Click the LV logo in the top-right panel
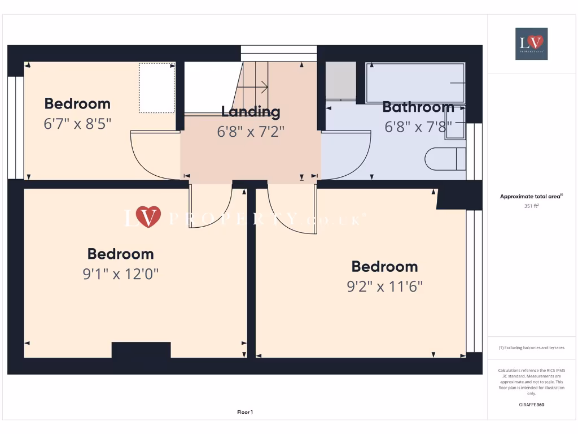coord(531,44)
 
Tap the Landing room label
coord(251,111)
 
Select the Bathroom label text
coord(418,107)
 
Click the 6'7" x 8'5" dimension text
coord(77,123)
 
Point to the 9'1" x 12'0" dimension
coord(120,274)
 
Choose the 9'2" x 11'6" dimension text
coord(384,287)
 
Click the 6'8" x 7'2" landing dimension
coord(251,131)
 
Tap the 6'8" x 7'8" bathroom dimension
coord(418,127)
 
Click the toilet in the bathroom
coord(445,159)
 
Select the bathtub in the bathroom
coord(415,83)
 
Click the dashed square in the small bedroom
coord(156,88)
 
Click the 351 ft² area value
coord(531,206)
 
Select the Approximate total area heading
coord(531,196)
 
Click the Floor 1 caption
coord(245,413)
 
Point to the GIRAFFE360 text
coord(531,405)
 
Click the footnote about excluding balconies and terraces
coord(531,348)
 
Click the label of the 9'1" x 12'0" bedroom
coord(120,254)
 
